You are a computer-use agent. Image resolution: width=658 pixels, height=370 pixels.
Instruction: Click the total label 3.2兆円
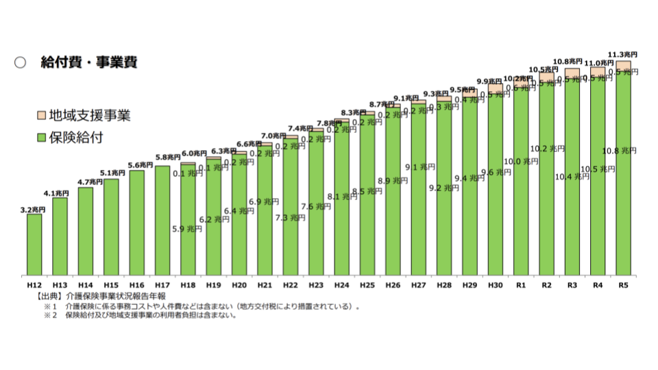tap(34, 210)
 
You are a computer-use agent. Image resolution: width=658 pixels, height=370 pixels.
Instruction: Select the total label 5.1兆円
tap(111, 173)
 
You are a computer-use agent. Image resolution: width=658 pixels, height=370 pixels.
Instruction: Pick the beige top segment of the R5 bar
tap(622, 65)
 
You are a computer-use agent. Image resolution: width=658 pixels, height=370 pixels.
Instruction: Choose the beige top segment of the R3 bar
tap(572, 72)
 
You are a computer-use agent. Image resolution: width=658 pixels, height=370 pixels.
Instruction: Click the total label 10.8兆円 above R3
tap(572, 62)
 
